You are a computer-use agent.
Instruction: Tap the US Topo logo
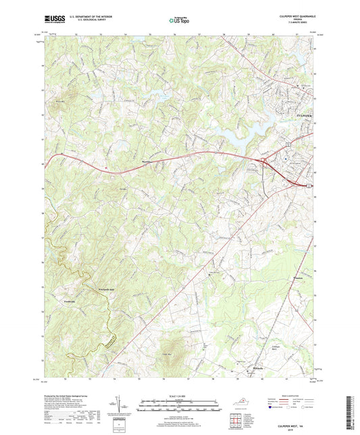tap(180, 21)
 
